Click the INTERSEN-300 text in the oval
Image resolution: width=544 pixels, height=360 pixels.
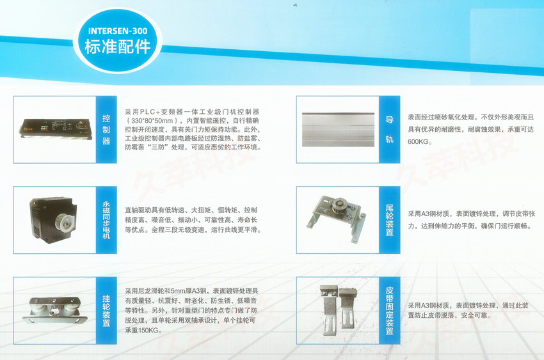point(118,30)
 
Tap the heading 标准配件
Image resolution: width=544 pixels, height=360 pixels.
point(118,47)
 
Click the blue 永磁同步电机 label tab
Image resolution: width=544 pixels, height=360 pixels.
point(106,219)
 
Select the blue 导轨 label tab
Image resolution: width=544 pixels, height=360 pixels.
point(390,128)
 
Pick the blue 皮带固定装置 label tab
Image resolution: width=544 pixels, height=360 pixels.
point(390,310)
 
